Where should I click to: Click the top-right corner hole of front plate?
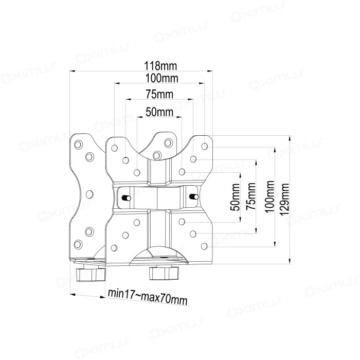205,147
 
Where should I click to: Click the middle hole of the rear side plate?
88,194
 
